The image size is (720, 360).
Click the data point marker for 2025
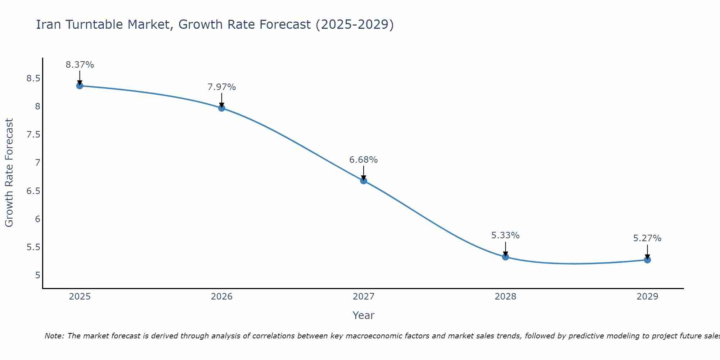click(x=80, y=86)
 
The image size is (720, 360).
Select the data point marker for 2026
click(x=222, y=108)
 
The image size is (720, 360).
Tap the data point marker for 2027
click(x=364, y=181)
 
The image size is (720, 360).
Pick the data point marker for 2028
click(x=505, y=257)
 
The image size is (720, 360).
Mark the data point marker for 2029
click(x=647, y=260)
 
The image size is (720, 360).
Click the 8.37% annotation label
click(x=80, y=65)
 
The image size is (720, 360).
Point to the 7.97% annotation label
click(x=222, y=87)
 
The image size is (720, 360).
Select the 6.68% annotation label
click(x=364, y=160)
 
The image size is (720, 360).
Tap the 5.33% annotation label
click(x=505, y=235)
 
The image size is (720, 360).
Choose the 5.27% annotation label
click(x=647, y=238)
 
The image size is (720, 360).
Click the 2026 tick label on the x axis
click(x=222, y=297)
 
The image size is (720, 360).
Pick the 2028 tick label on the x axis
click(x=505, y=297)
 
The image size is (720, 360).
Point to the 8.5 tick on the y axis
click(x=33, y=78)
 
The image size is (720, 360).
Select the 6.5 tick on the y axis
click(x=33, y=191)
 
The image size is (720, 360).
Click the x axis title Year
click(x=364, y=315)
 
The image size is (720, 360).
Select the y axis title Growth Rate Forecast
click(x=9, y=173)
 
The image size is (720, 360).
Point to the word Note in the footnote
click(x=54, y=336)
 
